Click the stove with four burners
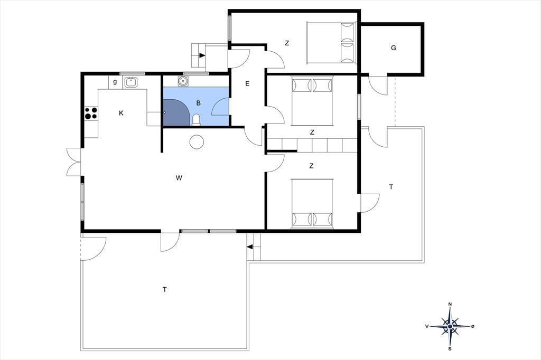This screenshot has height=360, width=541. (x=91, y=113)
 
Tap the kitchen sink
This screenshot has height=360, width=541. (x=131, y=82)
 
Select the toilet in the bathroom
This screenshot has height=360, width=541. (x=196, y=120)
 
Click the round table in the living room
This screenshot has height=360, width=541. (x=197, y=141)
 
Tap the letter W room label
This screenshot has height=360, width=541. (x=179, y=178)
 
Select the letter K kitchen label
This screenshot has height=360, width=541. (x=121, y=113)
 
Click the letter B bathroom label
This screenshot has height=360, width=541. (x=199, y=103)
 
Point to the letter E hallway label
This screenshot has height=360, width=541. (x=247, y=83)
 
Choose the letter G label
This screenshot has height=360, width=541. (x=393, y=48)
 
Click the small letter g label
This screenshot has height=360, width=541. (x=115, y=82)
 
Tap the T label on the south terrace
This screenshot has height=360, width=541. (x=165, y=289)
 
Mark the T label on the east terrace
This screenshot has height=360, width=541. (x=391, y=187)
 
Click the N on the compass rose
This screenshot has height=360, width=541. (x=450, y=304)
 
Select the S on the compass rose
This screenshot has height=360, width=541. (x=450, y=348)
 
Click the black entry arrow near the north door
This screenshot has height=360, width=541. (x=202, y=55)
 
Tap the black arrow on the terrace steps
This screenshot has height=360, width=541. (x=250, y=247)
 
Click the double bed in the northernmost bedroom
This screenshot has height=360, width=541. (x=331, y=43)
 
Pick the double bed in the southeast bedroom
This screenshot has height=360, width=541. (x=312, y=203)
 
